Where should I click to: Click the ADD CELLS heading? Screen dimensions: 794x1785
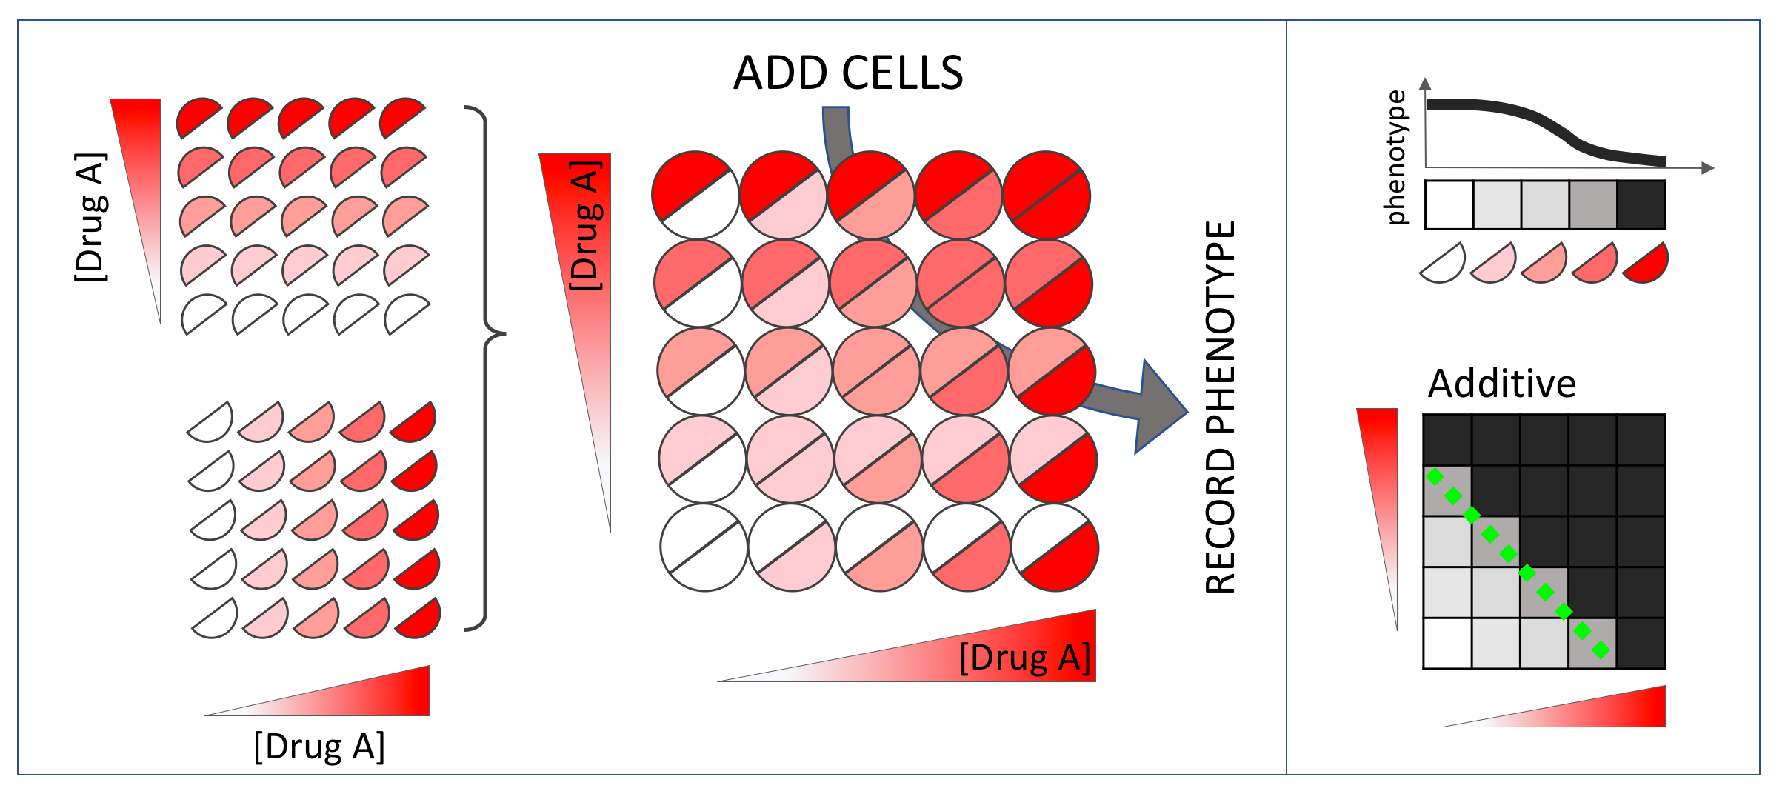[848, 73]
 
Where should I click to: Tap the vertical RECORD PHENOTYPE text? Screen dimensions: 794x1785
[1220, 407]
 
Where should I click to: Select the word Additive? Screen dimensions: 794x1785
[1501, 384]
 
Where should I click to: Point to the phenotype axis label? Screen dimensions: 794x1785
[1395, 157]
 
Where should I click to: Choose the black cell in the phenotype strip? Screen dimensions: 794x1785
[1641, 205]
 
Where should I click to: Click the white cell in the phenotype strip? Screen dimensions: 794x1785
[1449, 205]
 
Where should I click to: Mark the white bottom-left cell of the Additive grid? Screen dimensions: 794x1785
[1447, 643]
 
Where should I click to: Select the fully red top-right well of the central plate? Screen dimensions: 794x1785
[1047, 196]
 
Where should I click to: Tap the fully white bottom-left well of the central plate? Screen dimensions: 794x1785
[704, 547]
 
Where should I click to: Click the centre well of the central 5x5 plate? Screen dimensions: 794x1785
[876, 371]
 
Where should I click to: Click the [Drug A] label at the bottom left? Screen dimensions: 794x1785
[319, 746]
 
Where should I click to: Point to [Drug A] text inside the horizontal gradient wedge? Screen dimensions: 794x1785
[1025, 658]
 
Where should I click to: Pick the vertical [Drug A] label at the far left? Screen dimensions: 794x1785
[90, 218]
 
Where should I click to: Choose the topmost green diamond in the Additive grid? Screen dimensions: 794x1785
[1435, 477]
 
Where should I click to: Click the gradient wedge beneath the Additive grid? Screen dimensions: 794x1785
[1592, 711]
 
